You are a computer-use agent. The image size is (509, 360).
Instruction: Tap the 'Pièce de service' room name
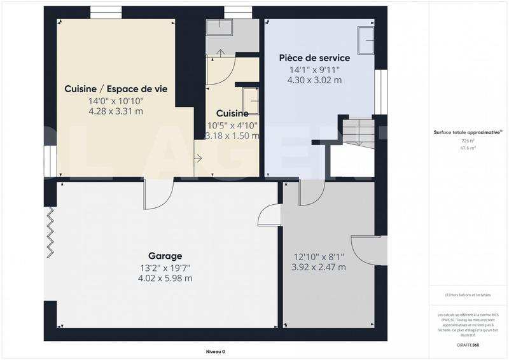314,58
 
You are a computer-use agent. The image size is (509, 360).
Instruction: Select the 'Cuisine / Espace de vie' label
116,89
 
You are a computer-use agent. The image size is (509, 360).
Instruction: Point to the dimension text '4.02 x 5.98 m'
165,278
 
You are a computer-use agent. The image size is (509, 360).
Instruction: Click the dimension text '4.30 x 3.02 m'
314,80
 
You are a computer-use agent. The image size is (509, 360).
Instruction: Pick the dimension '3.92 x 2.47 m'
319,267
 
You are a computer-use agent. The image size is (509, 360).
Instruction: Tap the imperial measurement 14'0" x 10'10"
116,100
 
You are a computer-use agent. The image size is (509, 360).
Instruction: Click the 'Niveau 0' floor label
215,352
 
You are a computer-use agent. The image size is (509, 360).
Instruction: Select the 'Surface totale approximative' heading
468,132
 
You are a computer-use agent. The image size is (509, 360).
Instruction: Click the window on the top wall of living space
106,12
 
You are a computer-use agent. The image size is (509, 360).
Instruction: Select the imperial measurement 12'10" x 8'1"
319,257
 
